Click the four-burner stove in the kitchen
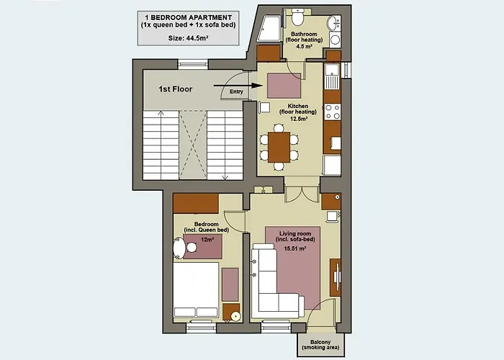click(333, 111)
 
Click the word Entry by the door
click(236, 91)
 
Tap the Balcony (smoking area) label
click(320, 346)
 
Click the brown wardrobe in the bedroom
click(195, 203)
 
